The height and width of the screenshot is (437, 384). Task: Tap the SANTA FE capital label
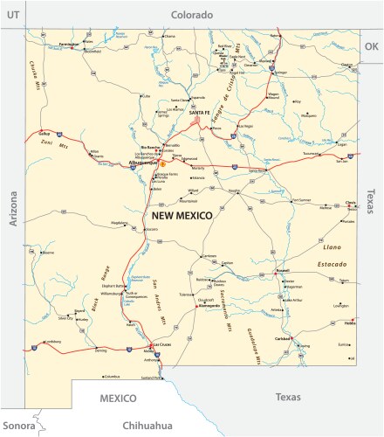(199, 113)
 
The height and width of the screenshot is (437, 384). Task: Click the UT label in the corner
(13, 15)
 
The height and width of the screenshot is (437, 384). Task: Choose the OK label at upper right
(371, 45)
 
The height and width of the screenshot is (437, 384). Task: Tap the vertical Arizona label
(13, 210)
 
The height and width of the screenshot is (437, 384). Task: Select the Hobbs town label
(351, 323)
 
